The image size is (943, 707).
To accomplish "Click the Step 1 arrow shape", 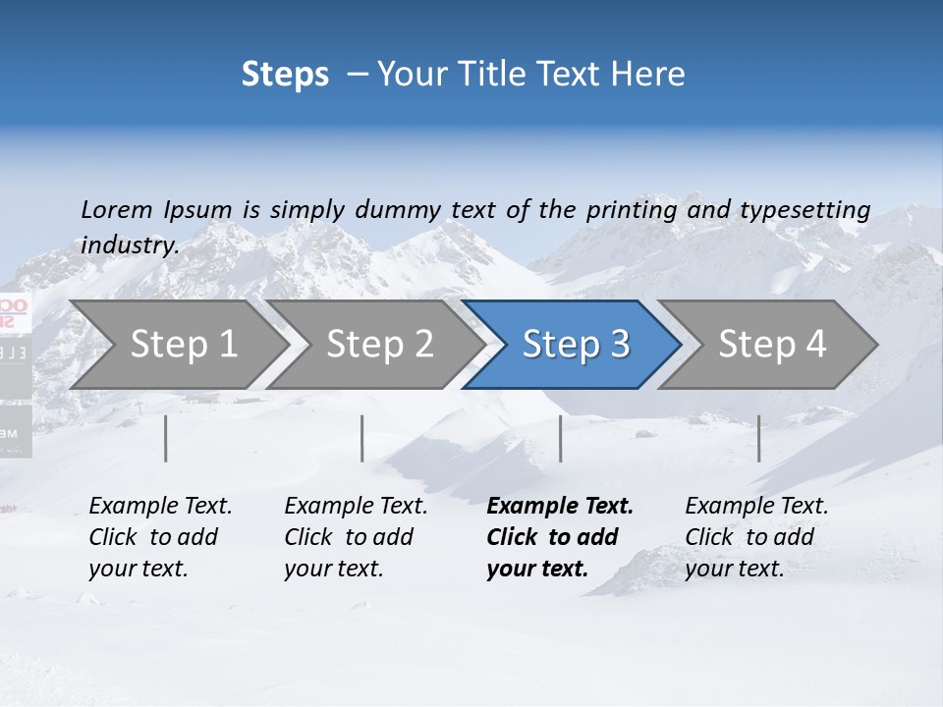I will [183, 345].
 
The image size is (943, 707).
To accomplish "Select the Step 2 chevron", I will [379, 345].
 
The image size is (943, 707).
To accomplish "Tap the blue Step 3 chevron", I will [575, 345].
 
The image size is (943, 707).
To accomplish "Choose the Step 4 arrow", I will [771, 345].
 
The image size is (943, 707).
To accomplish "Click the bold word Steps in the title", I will [285, 75].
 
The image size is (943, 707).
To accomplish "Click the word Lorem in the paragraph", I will [116, 209].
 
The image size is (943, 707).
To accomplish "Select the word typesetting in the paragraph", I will [804, 210].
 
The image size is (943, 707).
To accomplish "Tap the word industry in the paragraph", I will [129, 245].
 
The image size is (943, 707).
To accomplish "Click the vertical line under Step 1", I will [165, 438].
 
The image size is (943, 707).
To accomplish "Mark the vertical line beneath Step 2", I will [362, 438].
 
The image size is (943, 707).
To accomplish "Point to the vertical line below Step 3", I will [560, 438].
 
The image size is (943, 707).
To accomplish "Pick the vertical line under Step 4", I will [758, 438].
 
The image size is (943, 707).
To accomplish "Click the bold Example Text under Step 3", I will [560, 507].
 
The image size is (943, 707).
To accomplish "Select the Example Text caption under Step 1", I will [160, 507].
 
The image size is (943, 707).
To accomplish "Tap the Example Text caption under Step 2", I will [356, 507].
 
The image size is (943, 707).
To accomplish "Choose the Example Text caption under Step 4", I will [756, 507].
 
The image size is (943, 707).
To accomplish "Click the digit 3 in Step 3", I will [619, 345].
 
